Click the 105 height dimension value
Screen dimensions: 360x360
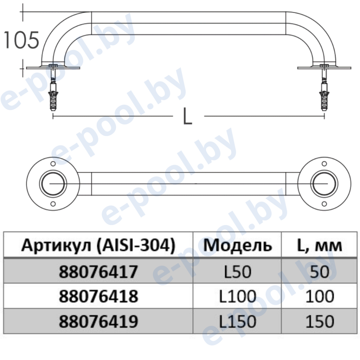coord(21,40)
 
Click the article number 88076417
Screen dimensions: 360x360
coord(98,272)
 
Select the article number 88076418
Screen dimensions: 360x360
coord(98,296)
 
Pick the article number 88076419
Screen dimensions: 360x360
coord(98,321)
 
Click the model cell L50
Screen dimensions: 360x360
coord(237,272)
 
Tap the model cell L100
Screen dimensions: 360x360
coord(237,296)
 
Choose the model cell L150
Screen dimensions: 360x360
coord(237,321)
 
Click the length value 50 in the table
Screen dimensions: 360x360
coord(320,272)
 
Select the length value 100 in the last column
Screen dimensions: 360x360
coord(320,296)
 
